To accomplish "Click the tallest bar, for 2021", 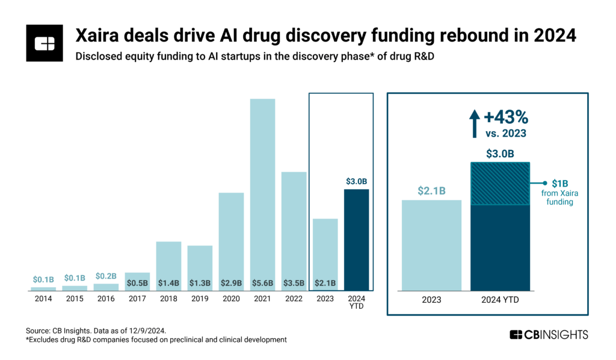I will (262, 193).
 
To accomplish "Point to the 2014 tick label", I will (43, 299).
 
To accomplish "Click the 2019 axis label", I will (200, 299).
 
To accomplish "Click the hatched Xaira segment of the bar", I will (499, 184).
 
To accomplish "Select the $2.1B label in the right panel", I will (431, 191).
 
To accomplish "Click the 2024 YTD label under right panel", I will (499, 299).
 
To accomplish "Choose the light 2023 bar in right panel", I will (431, 244).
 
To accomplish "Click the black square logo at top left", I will (45, 43).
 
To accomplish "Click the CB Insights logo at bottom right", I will (549, 335).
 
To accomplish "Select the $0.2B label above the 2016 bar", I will (106, 276).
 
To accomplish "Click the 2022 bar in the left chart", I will (294, 229).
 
